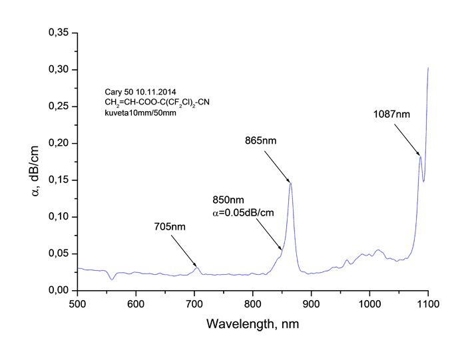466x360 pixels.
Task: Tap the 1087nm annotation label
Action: click(391, 114)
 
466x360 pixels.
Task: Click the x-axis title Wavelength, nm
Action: click(252, 324)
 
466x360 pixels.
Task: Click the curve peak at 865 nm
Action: click(291, 183)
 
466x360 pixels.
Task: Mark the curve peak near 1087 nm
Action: click(420, 156)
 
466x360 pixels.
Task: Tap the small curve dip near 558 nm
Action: click(112, 279)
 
